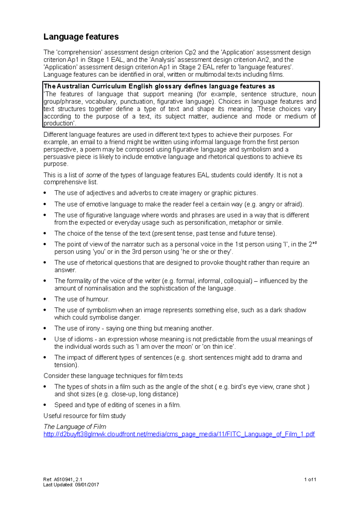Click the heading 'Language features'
pos(81,37)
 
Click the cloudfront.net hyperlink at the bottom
pos(179,434)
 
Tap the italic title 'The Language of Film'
pos(75,427)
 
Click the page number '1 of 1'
pos(310,479)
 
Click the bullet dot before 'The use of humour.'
pos(45,299)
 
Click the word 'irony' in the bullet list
pos(93,328)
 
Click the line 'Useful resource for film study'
pos(84,416)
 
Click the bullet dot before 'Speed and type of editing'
pos(45,405)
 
